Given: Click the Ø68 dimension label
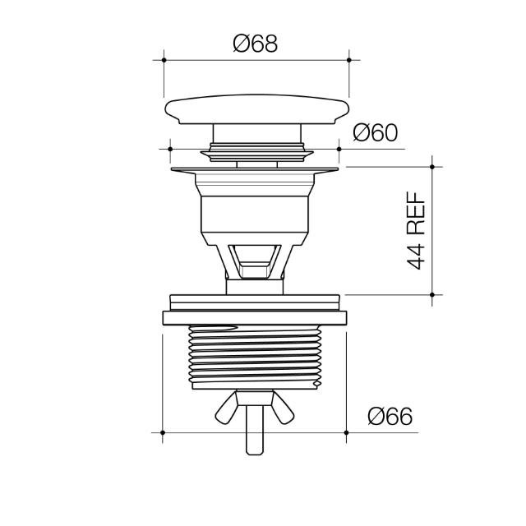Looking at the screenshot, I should pos(256,44).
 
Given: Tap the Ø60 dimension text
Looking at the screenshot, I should pos(376,133).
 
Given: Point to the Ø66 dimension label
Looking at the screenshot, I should pos(389,417).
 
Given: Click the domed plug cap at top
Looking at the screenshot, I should pos(256,110).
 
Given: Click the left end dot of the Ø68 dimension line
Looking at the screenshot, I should pos(164,59).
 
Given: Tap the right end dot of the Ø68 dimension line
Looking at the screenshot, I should pos(349,59).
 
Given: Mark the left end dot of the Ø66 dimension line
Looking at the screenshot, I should pos(164,432).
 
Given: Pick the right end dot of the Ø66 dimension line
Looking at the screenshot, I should pos(347,432).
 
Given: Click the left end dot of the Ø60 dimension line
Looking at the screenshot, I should pos(170,149).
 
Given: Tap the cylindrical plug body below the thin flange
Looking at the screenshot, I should pos(255,215).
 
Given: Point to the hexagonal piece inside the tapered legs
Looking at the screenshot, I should pos(254,261).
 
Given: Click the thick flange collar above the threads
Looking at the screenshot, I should pos(255,316).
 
